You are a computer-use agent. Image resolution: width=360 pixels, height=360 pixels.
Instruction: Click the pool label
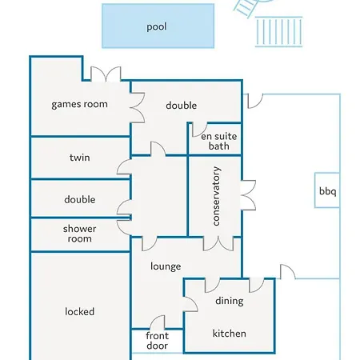click(157, 27)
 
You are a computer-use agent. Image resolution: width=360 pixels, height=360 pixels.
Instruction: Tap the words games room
click(79, 104)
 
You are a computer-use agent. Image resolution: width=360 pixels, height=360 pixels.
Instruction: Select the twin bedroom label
click(80, 158)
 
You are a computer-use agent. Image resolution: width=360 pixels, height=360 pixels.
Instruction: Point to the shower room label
click(80, 234)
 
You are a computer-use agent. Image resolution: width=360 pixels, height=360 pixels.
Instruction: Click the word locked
click(80, 311)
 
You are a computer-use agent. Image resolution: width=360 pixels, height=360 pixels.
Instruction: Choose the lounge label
click(166, 266)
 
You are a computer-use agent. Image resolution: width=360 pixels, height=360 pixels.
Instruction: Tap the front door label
click(158, 341)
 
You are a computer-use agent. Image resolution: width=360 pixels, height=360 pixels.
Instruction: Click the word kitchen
click(229, 334)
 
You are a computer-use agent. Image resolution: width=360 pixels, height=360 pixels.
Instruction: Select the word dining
click(230, 301)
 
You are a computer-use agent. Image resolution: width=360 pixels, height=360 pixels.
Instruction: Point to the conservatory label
click(216, 196)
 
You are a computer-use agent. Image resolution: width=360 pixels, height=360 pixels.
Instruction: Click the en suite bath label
click(219, 142)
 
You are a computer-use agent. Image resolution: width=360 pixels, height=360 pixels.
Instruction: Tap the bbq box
click(327, 190)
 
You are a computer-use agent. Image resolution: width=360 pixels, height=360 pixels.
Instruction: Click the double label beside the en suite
click(182, 106)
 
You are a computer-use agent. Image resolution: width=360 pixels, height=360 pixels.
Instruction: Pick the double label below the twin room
click(80, 199)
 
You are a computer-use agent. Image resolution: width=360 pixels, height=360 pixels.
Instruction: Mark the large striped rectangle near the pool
click(279, 32)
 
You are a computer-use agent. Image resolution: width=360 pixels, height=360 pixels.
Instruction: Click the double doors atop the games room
click(106, 74)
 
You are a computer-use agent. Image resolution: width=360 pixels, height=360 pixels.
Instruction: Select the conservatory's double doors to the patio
click(248, 195)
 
